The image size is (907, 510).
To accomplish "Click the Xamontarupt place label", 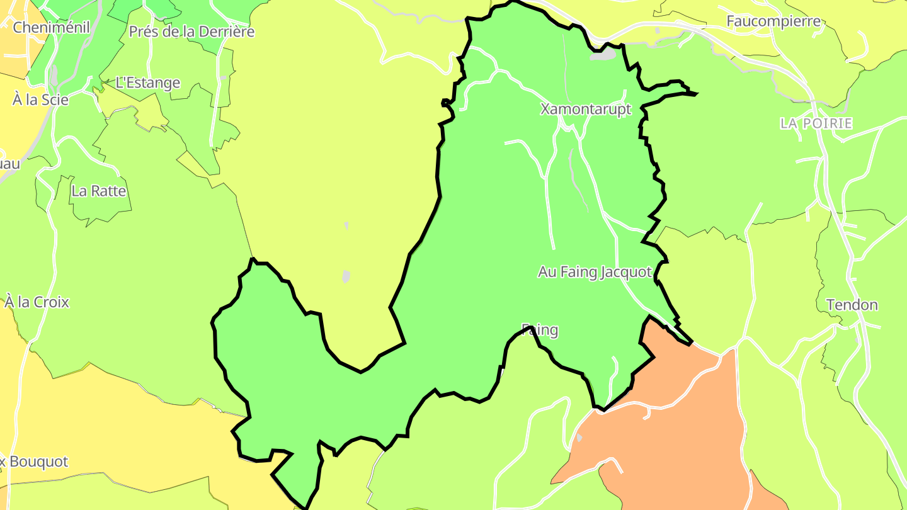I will tap(585, 110).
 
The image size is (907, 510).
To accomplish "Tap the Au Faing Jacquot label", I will tap(594, 272).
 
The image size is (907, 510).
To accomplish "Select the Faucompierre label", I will tap(773, 21).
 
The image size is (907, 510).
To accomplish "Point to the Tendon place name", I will tap(852, 305).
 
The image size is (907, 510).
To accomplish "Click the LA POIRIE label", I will tap(816, 123).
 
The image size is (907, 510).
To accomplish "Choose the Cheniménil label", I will tap(52, 27).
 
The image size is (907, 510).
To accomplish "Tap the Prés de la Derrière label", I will tap(191, 31).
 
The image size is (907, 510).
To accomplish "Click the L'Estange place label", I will tap(148, 83).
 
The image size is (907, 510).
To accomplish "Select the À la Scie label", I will tap(40, 99).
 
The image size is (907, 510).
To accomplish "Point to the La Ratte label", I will tap(99, 191).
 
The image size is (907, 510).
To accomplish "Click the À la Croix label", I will tap(37, 302).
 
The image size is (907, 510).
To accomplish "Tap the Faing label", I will tap(540, 330).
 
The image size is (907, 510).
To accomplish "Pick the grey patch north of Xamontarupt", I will tap(603, 55).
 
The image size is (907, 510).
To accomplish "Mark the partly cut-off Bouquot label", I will tap(35, 462).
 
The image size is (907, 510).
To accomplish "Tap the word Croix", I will tap(52, 302).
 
